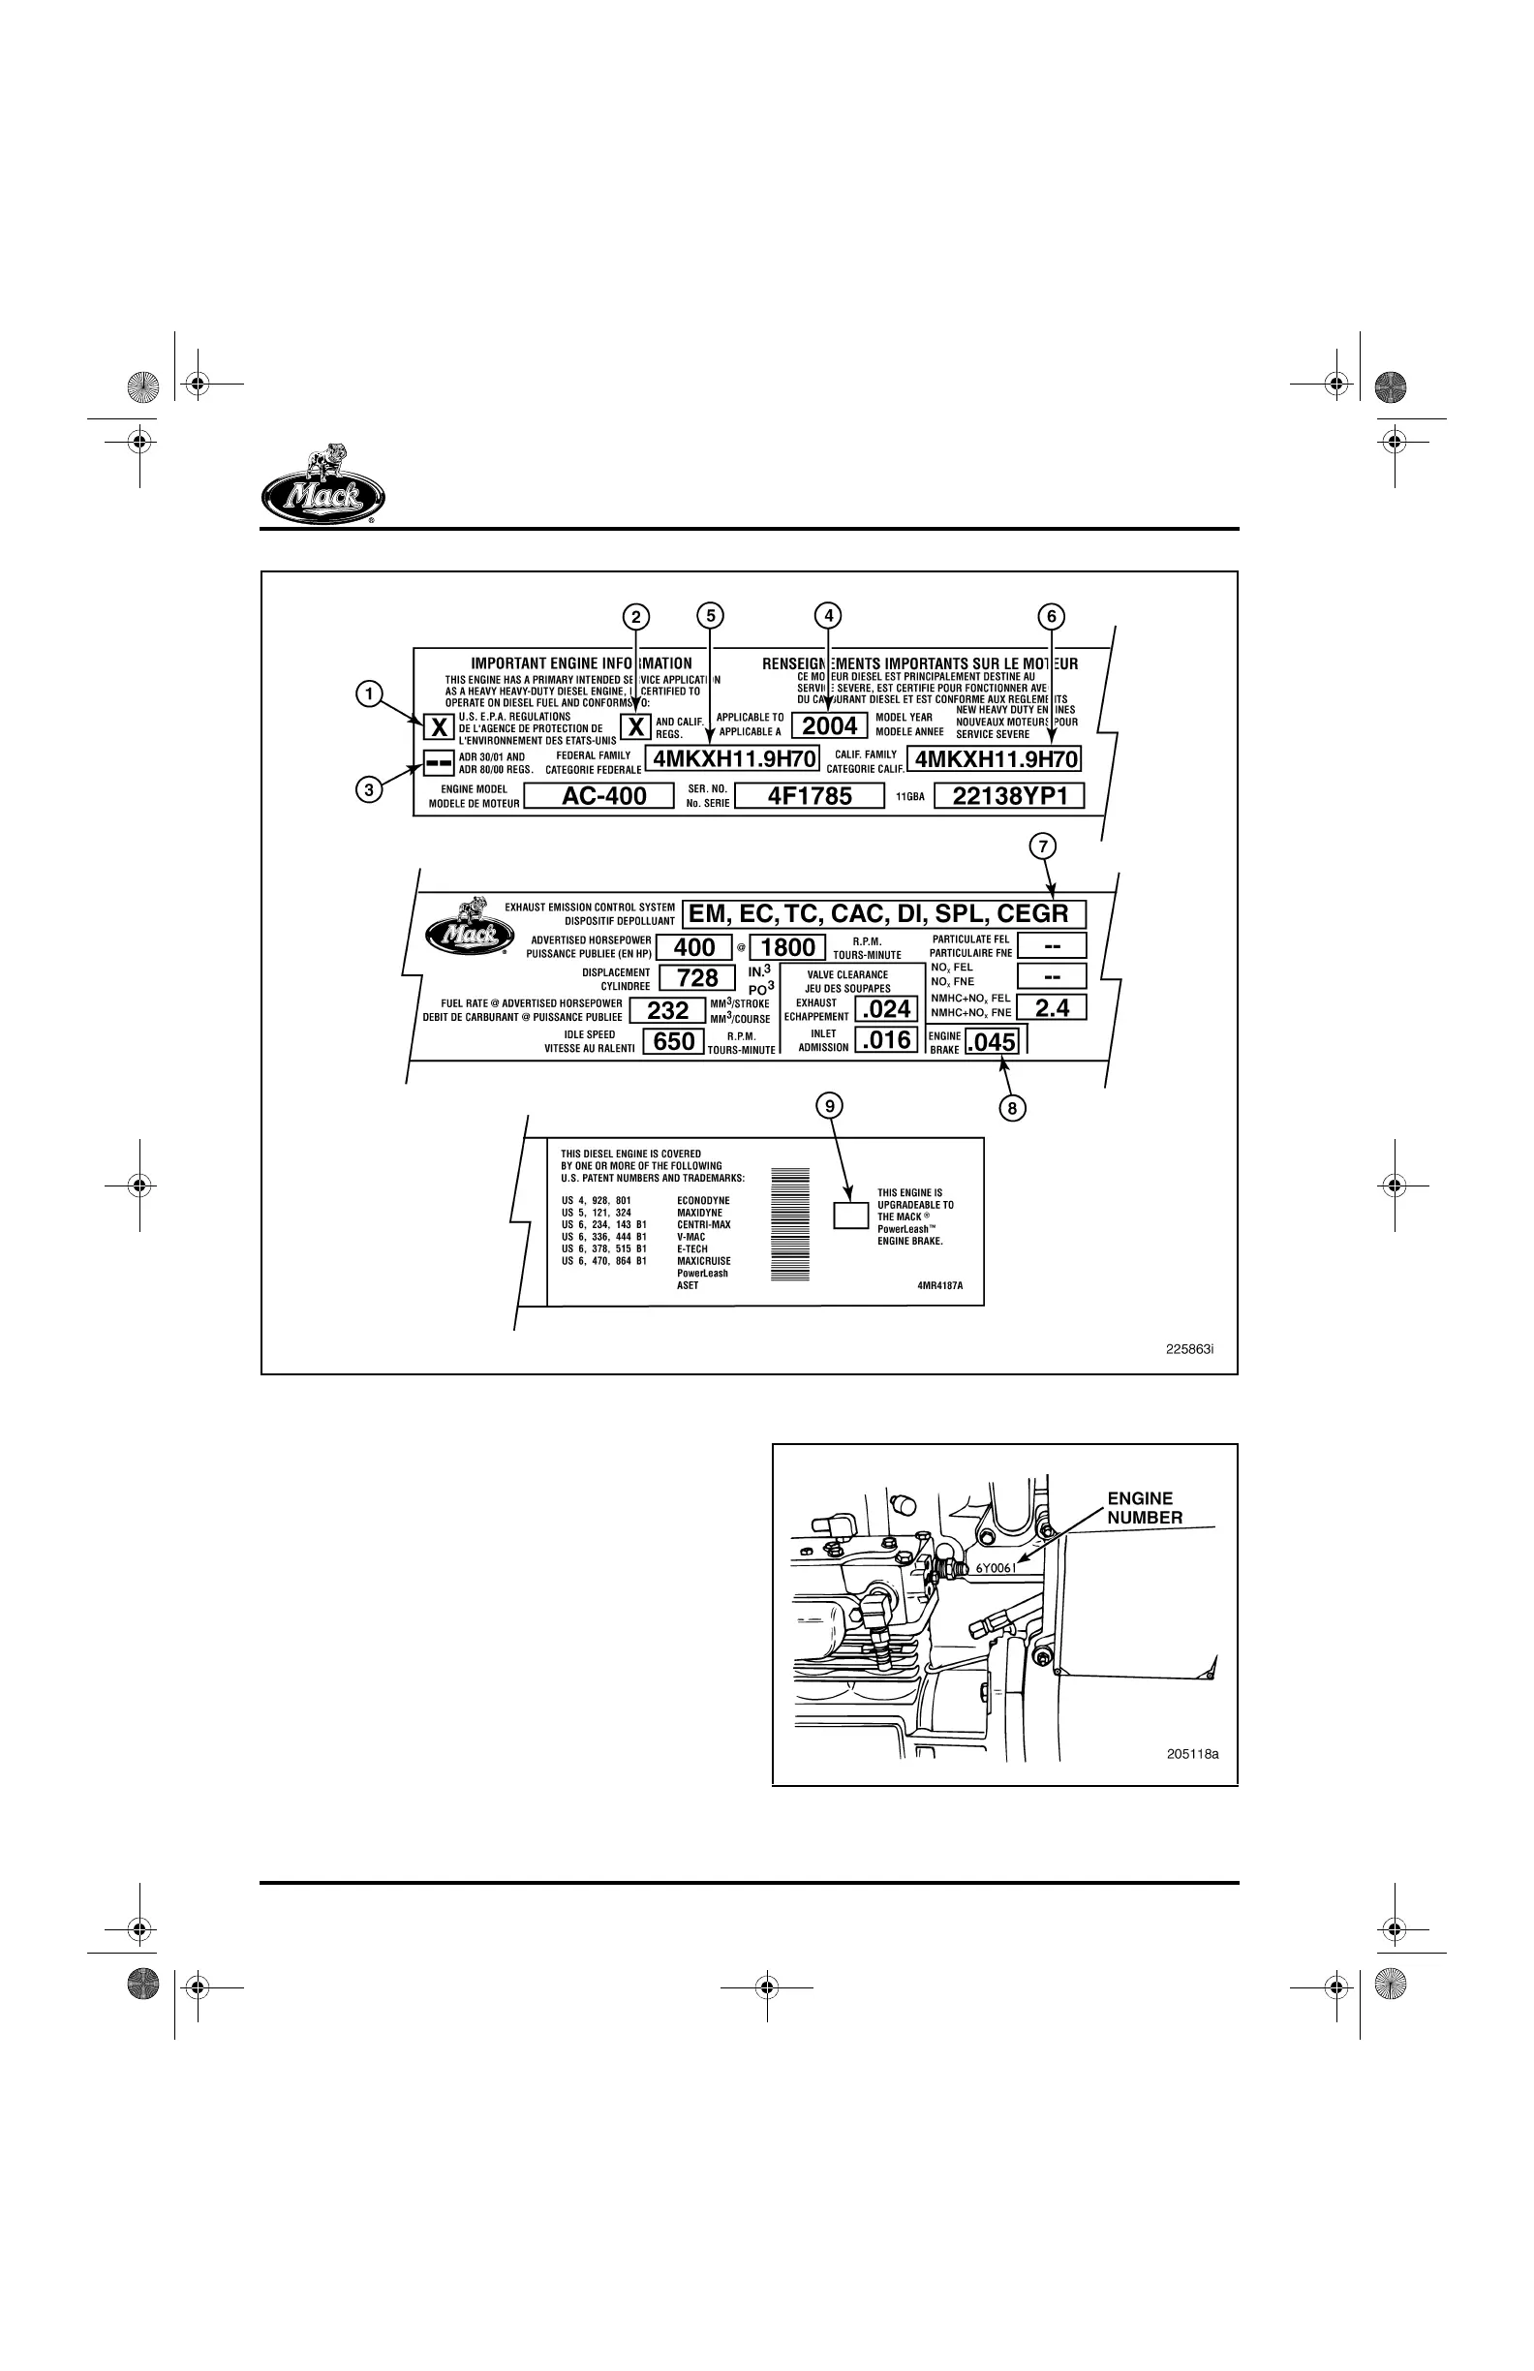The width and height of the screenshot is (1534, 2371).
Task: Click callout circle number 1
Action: pos(370,694)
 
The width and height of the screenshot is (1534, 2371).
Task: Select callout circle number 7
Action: pos(1042,847)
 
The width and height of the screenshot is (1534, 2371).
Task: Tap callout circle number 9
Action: pos(829,1105)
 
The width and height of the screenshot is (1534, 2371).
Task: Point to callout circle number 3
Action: pos(370,790)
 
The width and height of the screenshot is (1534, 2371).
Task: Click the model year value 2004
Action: pos(830,726)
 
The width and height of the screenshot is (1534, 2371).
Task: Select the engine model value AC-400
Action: pos(603,796)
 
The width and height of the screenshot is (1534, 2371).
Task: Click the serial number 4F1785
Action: pos(809,796)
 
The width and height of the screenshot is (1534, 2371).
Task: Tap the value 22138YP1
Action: pos(1009,796)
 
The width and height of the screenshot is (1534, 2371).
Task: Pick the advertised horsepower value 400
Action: pos(694,947)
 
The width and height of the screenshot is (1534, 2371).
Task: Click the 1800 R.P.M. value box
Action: pos(788,947)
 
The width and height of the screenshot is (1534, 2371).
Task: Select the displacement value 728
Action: pos(697,978)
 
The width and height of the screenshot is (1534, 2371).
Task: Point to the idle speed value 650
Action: pos(673,1042)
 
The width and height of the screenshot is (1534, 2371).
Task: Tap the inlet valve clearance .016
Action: pos(886,1041)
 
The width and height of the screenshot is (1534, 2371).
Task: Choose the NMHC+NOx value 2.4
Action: pos(1052,1008)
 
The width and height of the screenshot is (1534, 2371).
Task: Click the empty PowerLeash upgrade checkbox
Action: pos(850,1215)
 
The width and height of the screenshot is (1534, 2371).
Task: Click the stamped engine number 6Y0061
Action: pos(995,1568)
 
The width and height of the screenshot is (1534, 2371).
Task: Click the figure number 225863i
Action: pos(1189,1349)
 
